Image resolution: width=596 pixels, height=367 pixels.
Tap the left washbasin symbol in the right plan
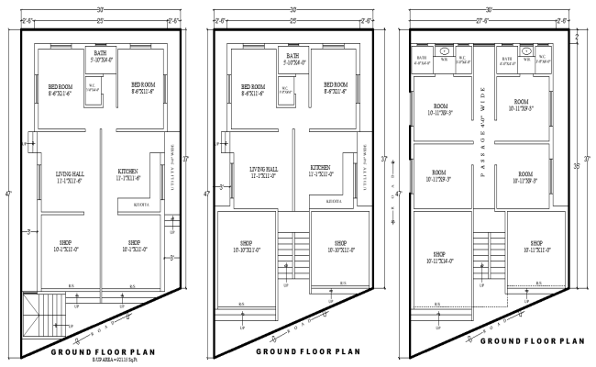click(x=444, y=52)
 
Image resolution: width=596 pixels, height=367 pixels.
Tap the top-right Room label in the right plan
click(x=521, y=106)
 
